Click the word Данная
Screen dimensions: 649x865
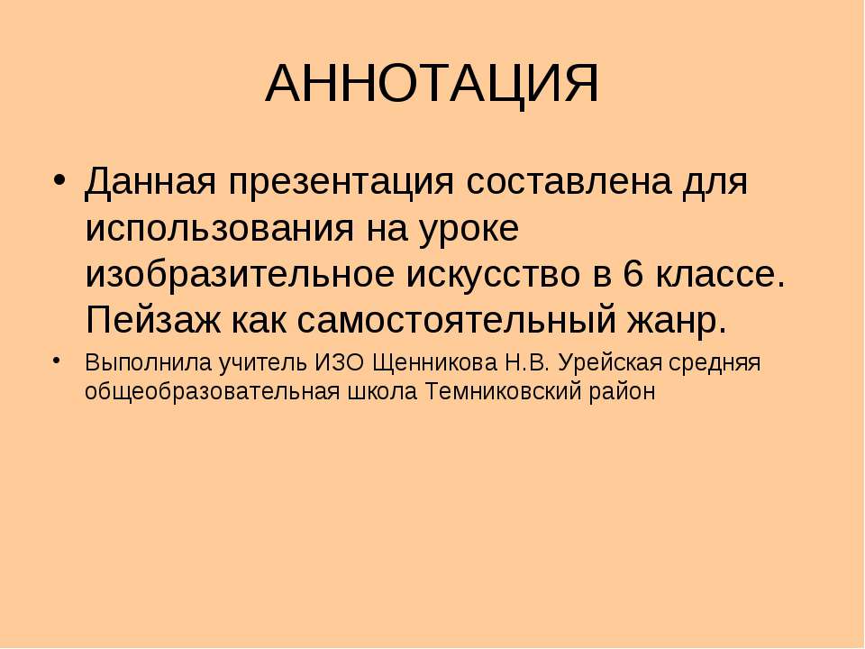pos(148,185)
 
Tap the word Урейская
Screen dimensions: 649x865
pos(610,362)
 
